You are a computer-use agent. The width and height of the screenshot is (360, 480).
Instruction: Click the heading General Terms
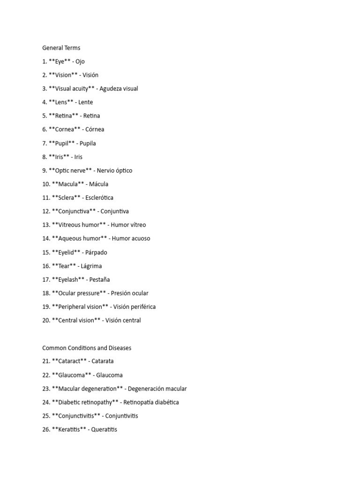point(61,48)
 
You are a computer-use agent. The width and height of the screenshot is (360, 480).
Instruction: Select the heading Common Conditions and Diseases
point(87,348)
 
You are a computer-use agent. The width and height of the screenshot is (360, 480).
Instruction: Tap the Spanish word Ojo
point(80,61)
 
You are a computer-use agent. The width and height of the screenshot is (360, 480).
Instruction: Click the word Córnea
point(93,129)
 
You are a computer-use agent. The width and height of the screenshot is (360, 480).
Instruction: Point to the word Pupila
point(87,143)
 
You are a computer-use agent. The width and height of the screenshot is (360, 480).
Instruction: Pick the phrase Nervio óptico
point(118,171)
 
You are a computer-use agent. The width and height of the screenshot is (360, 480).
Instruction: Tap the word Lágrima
point(91,266)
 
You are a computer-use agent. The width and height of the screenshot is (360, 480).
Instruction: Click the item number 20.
point(46,321)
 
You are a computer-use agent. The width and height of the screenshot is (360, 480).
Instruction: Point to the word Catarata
point(103,361)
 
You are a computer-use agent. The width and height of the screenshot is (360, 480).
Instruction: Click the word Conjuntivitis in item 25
point(121,416)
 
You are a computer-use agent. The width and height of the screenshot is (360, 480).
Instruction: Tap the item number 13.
point(46,225)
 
